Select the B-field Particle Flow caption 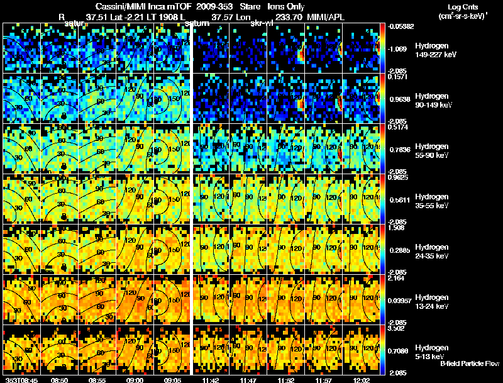click(x=470, y=364)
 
